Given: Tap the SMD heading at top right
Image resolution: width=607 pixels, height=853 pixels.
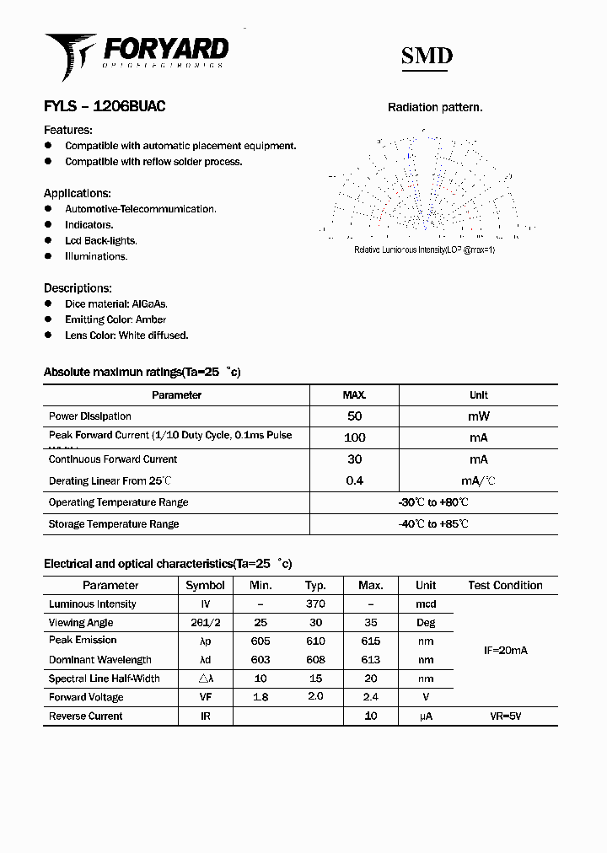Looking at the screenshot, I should [x=427, y=56].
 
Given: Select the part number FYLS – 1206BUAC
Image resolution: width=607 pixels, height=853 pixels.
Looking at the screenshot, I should [x=105, y=107].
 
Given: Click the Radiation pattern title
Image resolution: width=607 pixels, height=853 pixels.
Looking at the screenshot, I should [x=435, y=107].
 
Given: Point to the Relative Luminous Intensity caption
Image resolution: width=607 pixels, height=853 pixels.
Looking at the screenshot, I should [x=424, y=250].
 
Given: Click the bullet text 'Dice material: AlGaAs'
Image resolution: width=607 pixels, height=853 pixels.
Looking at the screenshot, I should [x=116, y=303].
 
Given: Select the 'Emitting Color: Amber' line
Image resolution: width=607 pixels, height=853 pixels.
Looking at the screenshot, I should [x=115, y=319].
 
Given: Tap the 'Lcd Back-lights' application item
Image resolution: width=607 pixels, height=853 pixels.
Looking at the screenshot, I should [x=100, y=240].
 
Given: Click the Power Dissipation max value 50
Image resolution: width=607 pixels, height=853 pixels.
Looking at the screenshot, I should [x=354, y=416].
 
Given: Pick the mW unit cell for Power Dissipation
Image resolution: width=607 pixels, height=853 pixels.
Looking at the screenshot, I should [x=478, y=416].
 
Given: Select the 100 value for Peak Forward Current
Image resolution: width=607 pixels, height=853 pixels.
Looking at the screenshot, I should [x=354, y=437].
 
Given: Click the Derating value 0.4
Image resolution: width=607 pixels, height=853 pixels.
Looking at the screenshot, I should [x=354, y=480].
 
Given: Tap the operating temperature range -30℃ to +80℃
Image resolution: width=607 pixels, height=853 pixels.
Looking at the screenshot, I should [x=433, y=502].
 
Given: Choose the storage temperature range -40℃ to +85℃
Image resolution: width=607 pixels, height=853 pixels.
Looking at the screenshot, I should [x=433, y=523].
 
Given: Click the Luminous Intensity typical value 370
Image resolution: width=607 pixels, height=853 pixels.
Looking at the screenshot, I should [x=315, y=604].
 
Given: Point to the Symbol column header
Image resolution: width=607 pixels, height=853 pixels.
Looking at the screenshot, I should [x=205, y=585].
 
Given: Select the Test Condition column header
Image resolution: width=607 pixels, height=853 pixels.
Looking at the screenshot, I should [x=505, y=585].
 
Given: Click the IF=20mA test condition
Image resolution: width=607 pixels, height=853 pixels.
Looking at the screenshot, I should [x=505, y=651].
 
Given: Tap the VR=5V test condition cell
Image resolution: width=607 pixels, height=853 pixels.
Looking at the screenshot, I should [x=505, y=716].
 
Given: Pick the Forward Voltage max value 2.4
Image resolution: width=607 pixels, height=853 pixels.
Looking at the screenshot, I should [x=370, y=697].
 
